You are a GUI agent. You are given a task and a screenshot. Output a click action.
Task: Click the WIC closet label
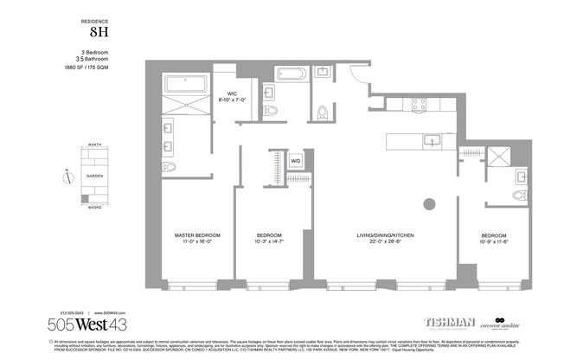[232, 93]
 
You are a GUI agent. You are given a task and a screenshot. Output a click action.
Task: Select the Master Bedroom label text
[196, 235]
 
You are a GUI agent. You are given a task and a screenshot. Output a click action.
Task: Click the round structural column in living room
[427, 204]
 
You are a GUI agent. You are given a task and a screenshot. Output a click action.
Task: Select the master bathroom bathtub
[186, 86]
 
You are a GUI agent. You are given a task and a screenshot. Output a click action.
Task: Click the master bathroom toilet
[170, 166]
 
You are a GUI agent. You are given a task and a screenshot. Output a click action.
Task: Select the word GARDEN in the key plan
[93, 175]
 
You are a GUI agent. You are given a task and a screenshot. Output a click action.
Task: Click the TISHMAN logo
[448, 322]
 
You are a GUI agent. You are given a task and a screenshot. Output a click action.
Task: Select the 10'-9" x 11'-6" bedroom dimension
[494, 242]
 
